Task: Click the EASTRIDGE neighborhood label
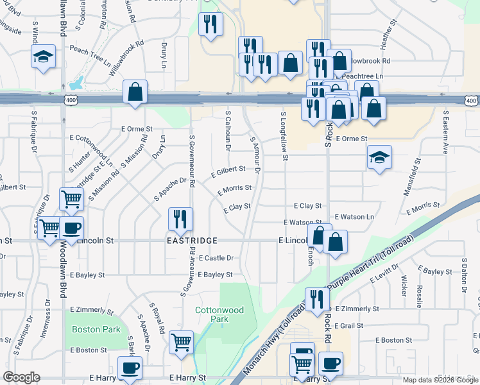pos(193,240)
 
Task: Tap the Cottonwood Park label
pos(219,314)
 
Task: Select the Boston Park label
pos(96,329)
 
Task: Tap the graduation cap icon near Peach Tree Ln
pos(44,58)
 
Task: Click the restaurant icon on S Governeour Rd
pos(180,219)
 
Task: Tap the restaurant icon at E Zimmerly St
pos(316,299)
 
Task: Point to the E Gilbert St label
pos(228,171)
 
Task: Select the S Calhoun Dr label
pos(228,130)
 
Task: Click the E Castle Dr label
pos(216,258)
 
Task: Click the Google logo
pos(21,377)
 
